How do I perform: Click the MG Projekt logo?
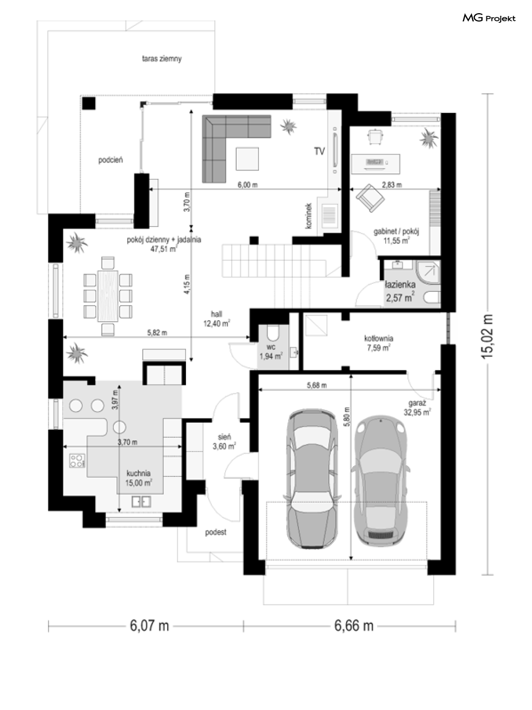tap(488, 18)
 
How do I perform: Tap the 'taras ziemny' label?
tap(162, 59)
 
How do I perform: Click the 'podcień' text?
tap(110, 160)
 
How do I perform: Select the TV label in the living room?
tap(320, 151)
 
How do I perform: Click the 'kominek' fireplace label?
tap(309, 216)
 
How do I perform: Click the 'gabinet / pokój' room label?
tap(397, 231)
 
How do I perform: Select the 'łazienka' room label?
tap(400, 285)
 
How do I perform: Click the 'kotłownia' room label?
tap(378, 339)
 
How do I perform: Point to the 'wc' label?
tap(271, 347)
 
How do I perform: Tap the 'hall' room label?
tap(216, 314)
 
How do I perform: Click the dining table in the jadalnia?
tap(108, 295)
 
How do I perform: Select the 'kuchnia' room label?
tap(138, 473)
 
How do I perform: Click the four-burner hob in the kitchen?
tap(78, 461)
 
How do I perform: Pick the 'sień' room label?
tap(224, 437)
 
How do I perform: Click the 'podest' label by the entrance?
tap(216, 532)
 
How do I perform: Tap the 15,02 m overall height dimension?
tap(487, 336)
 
